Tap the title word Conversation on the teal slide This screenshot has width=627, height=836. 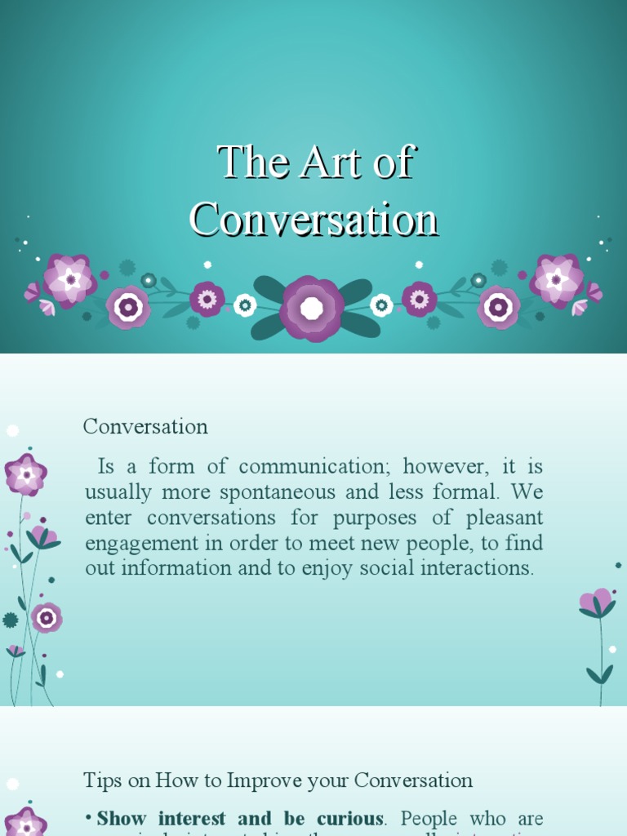(314, 220)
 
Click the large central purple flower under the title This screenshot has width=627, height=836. (312, 308)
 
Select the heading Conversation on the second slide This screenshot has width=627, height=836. (145, 426)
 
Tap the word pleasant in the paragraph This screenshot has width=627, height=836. (503, 518)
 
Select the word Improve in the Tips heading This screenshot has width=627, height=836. (265, 780)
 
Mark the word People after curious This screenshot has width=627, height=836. (430, 819)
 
